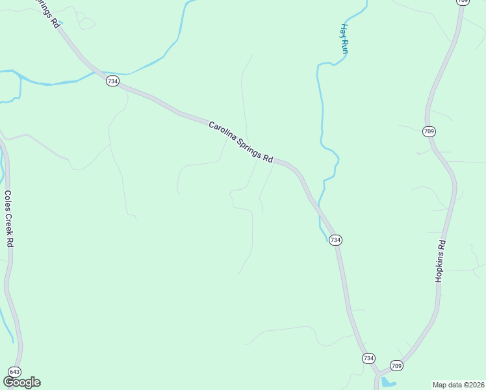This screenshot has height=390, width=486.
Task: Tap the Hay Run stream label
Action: [345, 38]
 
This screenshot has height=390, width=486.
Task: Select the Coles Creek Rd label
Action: [9, 218]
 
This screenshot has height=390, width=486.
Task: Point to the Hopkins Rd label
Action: [441, 261]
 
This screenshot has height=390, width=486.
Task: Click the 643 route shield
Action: [14, 371]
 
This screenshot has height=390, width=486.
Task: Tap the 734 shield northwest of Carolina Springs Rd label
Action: [112, 81]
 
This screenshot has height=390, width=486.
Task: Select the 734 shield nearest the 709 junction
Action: [368, 358]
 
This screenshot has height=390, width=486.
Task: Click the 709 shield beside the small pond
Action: [397, 365]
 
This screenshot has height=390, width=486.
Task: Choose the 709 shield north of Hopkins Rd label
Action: [429, 131]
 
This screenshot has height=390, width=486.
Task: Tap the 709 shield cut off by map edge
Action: [463, 2]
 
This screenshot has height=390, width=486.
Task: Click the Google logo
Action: [21, 382]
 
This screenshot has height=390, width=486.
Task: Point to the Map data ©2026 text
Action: [458, 384]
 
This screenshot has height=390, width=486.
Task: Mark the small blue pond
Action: [388, 382]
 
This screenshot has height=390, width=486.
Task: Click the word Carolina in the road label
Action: [225, 133]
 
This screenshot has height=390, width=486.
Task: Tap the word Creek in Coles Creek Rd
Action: [9, 220]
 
